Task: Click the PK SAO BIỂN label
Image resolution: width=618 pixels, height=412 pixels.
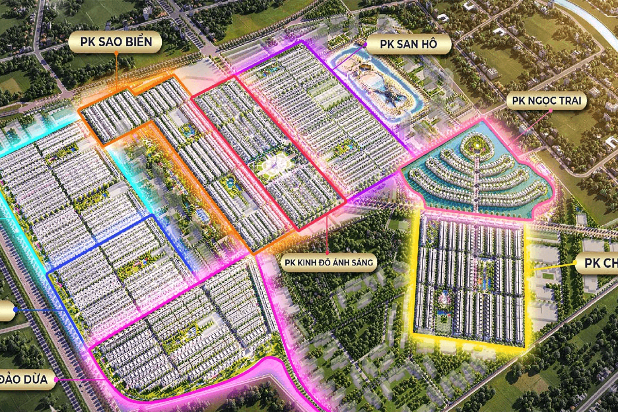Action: click(116, 41)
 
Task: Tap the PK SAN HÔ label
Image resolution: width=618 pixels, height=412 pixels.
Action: click(408, 44)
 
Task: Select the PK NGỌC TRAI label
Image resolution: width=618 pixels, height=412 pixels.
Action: click(546, 101)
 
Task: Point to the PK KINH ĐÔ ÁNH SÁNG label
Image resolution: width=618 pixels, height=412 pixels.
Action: click(329, 263)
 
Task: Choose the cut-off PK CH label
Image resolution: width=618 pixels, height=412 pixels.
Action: click(598, 264)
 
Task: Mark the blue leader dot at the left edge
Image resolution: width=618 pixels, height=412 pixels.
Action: click(15, 309)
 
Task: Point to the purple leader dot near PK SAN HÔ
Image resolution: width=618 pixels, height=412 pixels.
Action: click(366, 45)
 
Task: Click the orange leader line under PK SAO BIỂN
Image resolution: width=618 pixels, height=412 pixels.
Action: click(116, 72)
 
